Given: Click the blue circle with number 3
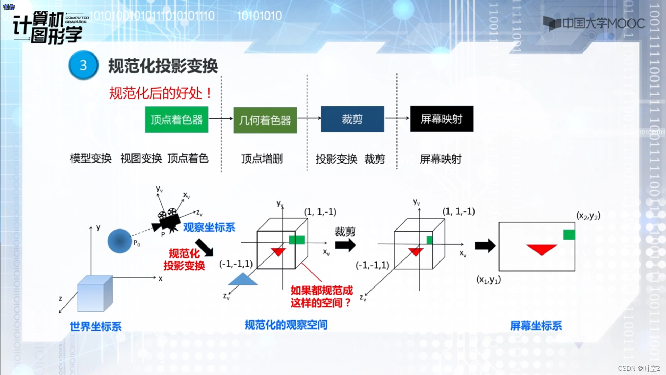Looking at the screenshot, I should click(83, 65).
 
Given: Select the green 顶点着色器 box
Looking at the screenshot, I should click(177, 119).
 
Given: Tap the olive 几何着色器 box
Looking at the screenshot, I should click(265, 120).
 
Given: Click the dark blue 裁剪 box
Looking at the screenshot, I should click(352, 119).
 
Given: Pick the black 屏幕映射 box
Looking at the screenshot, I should click(442, 119).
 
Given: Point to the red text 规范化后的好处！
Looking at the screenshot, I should click(160, 93).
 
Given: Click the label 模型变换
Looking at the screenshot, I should click(91, 158).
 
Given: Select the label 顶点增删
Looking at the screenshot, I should click(262, 159).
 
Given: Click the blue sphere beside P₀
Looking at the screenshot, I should click(120, 241).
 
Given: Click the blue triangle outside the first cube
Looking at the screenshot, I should click(243, 280).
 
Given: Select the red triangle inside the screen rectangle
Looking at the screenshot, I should click(541, 249).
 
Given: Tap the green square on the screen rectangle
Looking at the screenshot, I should click(569, 235).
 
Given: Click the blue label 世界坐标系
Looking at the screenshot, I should click(96, 326).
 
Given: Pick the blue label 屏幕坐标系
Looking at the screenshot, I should click(536, 326).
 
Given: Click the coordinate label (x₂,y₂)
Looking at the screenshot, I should click(588, 216).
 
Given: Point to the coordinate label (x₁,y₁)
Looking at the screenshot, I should click(488, 280).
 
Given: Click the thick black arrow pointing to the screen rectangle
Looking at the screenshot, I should click(485, 246).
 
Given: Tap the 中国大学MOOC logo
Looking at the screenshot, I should click(594, 24).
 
